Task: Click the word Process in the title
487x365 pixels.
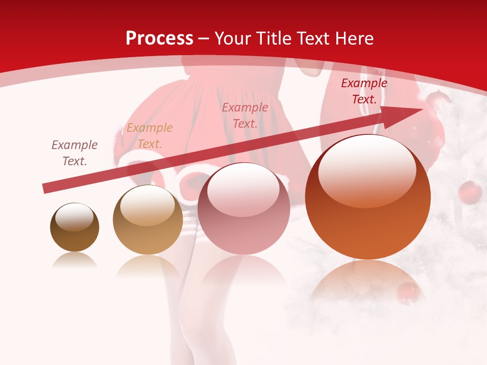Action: tap(159, 39)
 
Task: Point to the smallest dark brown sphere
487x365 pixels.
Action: tap(75, 227)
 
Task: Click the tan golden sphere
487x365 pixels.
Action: tap(148, 220)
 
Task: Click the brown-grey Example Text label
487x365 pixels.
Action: tap(75, 153)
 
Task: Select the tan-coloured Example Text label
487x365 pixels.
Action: tap(150, 136)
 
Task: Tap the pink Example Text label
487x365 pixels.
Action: tap(245, 115)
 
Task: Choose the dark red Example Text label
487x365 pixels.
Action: tap(364, 91)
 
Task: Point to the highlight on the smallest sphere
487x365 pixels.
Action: tap(74, 217)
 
